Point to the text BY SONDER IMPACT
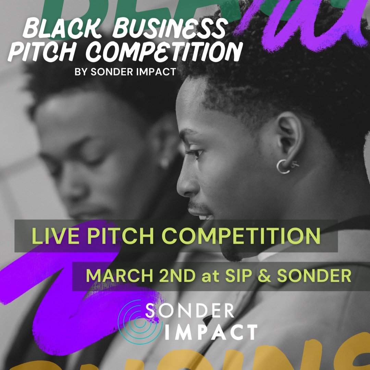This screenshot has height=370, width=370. tap(125, 72)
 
